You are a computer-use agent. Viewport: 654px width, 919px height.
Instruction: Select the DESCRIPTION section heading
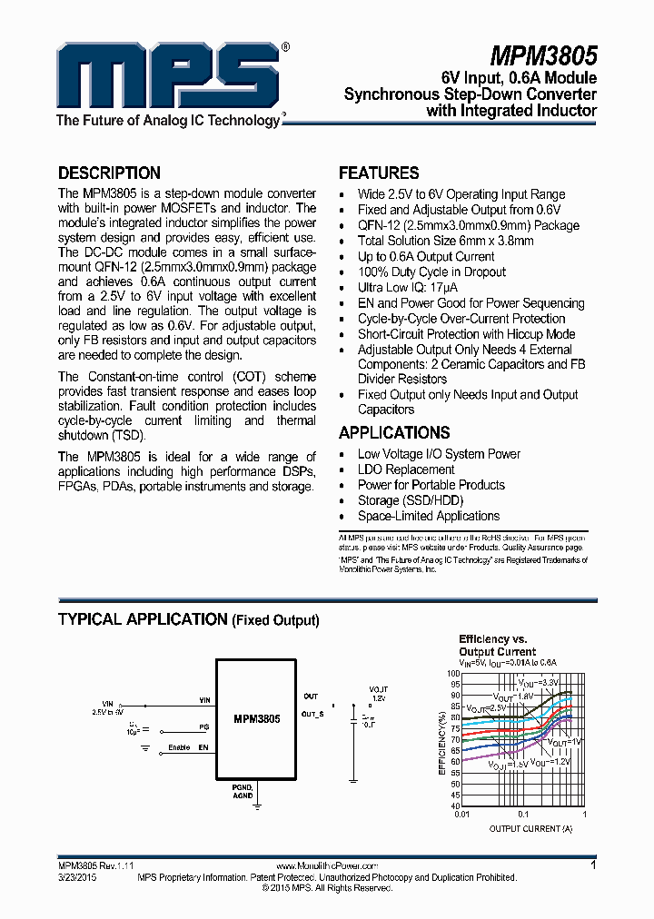(109, 173)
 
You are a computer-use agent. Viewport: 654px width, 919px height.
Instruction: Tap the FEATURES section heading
(379, 173)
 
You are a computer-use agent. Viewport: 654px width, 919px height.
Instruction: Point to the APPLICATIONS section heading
(394, 432)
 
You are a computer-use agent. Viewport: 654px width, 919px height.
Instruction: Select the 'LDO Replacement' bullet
(406, 469)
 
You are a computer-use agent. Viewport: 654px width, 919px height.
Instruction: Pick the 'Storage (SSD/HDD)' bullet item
(411, 500)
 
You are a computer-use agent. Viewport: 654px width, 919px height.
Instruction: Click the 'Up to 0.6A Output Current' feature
(426, 256)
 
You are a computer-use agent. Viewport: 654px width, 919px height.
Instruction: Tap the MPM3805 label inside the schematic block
(255, 717)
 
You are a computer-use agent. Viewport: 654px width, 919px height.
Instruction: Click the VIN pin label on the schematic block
(204, 700)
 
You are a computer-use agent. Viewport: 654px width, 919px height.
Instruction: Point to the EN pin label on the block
(203, 747)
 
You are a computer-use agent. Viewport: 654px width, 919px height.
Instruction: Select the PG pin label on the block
(203, 726)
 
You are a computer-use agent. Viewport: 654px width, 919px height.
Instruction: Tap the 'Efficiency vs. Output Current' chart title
(497, 646)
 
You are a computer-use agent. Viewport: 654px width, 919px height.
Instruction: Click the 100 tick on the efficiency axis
(452, 674)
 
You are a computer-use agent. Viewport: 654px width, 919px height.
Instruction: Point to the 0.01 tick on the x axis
(462, 815)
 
